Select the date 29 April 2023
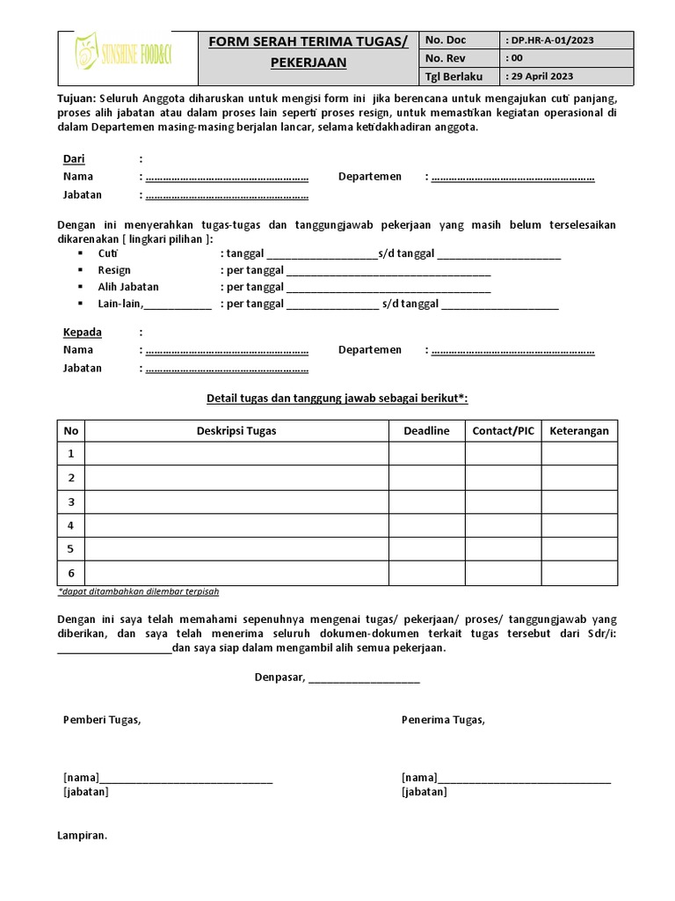(x=541, y=76)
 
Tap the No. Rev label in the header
(x=446, y=58)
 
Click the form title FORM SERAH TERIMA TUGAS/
(x=308, y=41)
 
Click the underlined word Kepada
(x=82, y=332)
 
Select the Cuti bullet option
(x=108, y=253)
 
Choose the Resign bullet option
(x=114, y=270)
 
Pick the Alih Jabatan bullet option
(x=128, y=287)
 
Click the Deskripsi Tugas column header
(x=236, y=430)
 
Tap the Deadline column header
(x=426, y=430)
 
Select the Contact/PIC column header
(x=503, y=430)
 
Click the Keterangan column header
(x=578, y=430)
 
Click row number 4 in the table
(x=71, y=525)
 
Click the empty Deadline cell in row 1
(x=426, y=453)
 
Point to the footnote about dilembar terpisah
(x=138, y=591)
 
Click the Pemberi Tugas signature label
(x=101, y=720)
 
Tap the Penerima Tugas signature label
(x=443, y=720)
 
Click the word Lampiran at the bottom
(x=82, y=835)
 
